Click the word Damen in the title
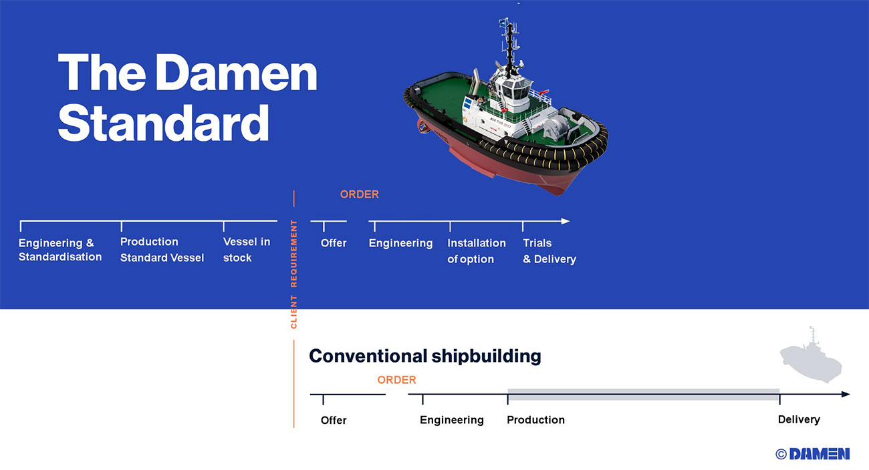(x=236, y=73)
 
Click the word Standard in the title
(x=163, y=124)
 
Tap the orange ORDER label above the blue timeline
(x=359, y=194)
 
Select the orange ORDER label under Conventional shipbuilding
(x=396, y=380)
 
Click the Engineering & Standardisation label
(x=60, y=250)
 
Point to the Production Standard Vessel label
(x=162, y=250)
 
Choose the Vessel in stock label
(x=247, y=250)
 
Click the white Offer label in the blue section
(x=334, y=243)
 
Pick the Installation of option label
(x=477, y=251)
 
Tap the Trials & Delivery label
(x=549, y=251)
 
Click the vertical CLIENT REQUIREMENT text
(x=293, y=274)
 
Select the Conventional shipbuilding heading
(x=424, y=356)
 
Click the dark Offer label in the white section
(x=334, y=420)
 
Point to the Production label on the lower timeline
(x=535, y=420)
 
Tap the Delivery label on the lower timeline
(x=799, y=420)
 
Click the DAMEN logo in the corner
(x=813, y=454)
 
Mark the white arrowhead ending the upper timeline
(x=566, y=221)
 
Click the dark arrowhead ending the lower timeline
(x=846, y=395)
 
